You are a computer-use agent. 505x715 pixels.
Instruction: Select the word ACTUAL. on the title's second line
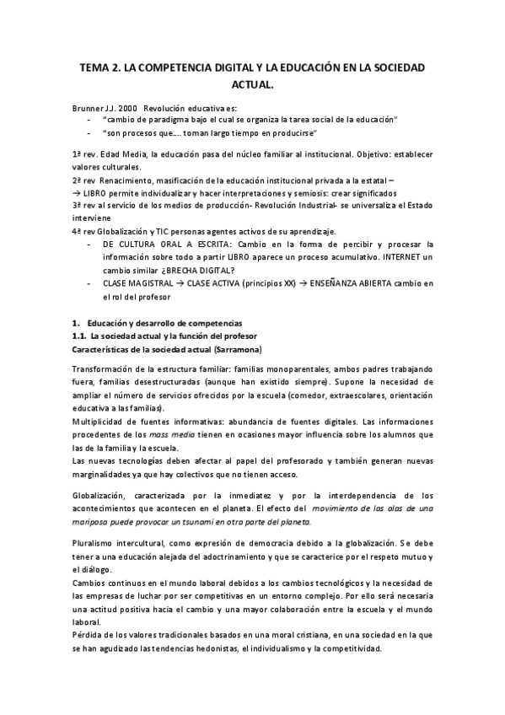[x=252, y=84]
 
